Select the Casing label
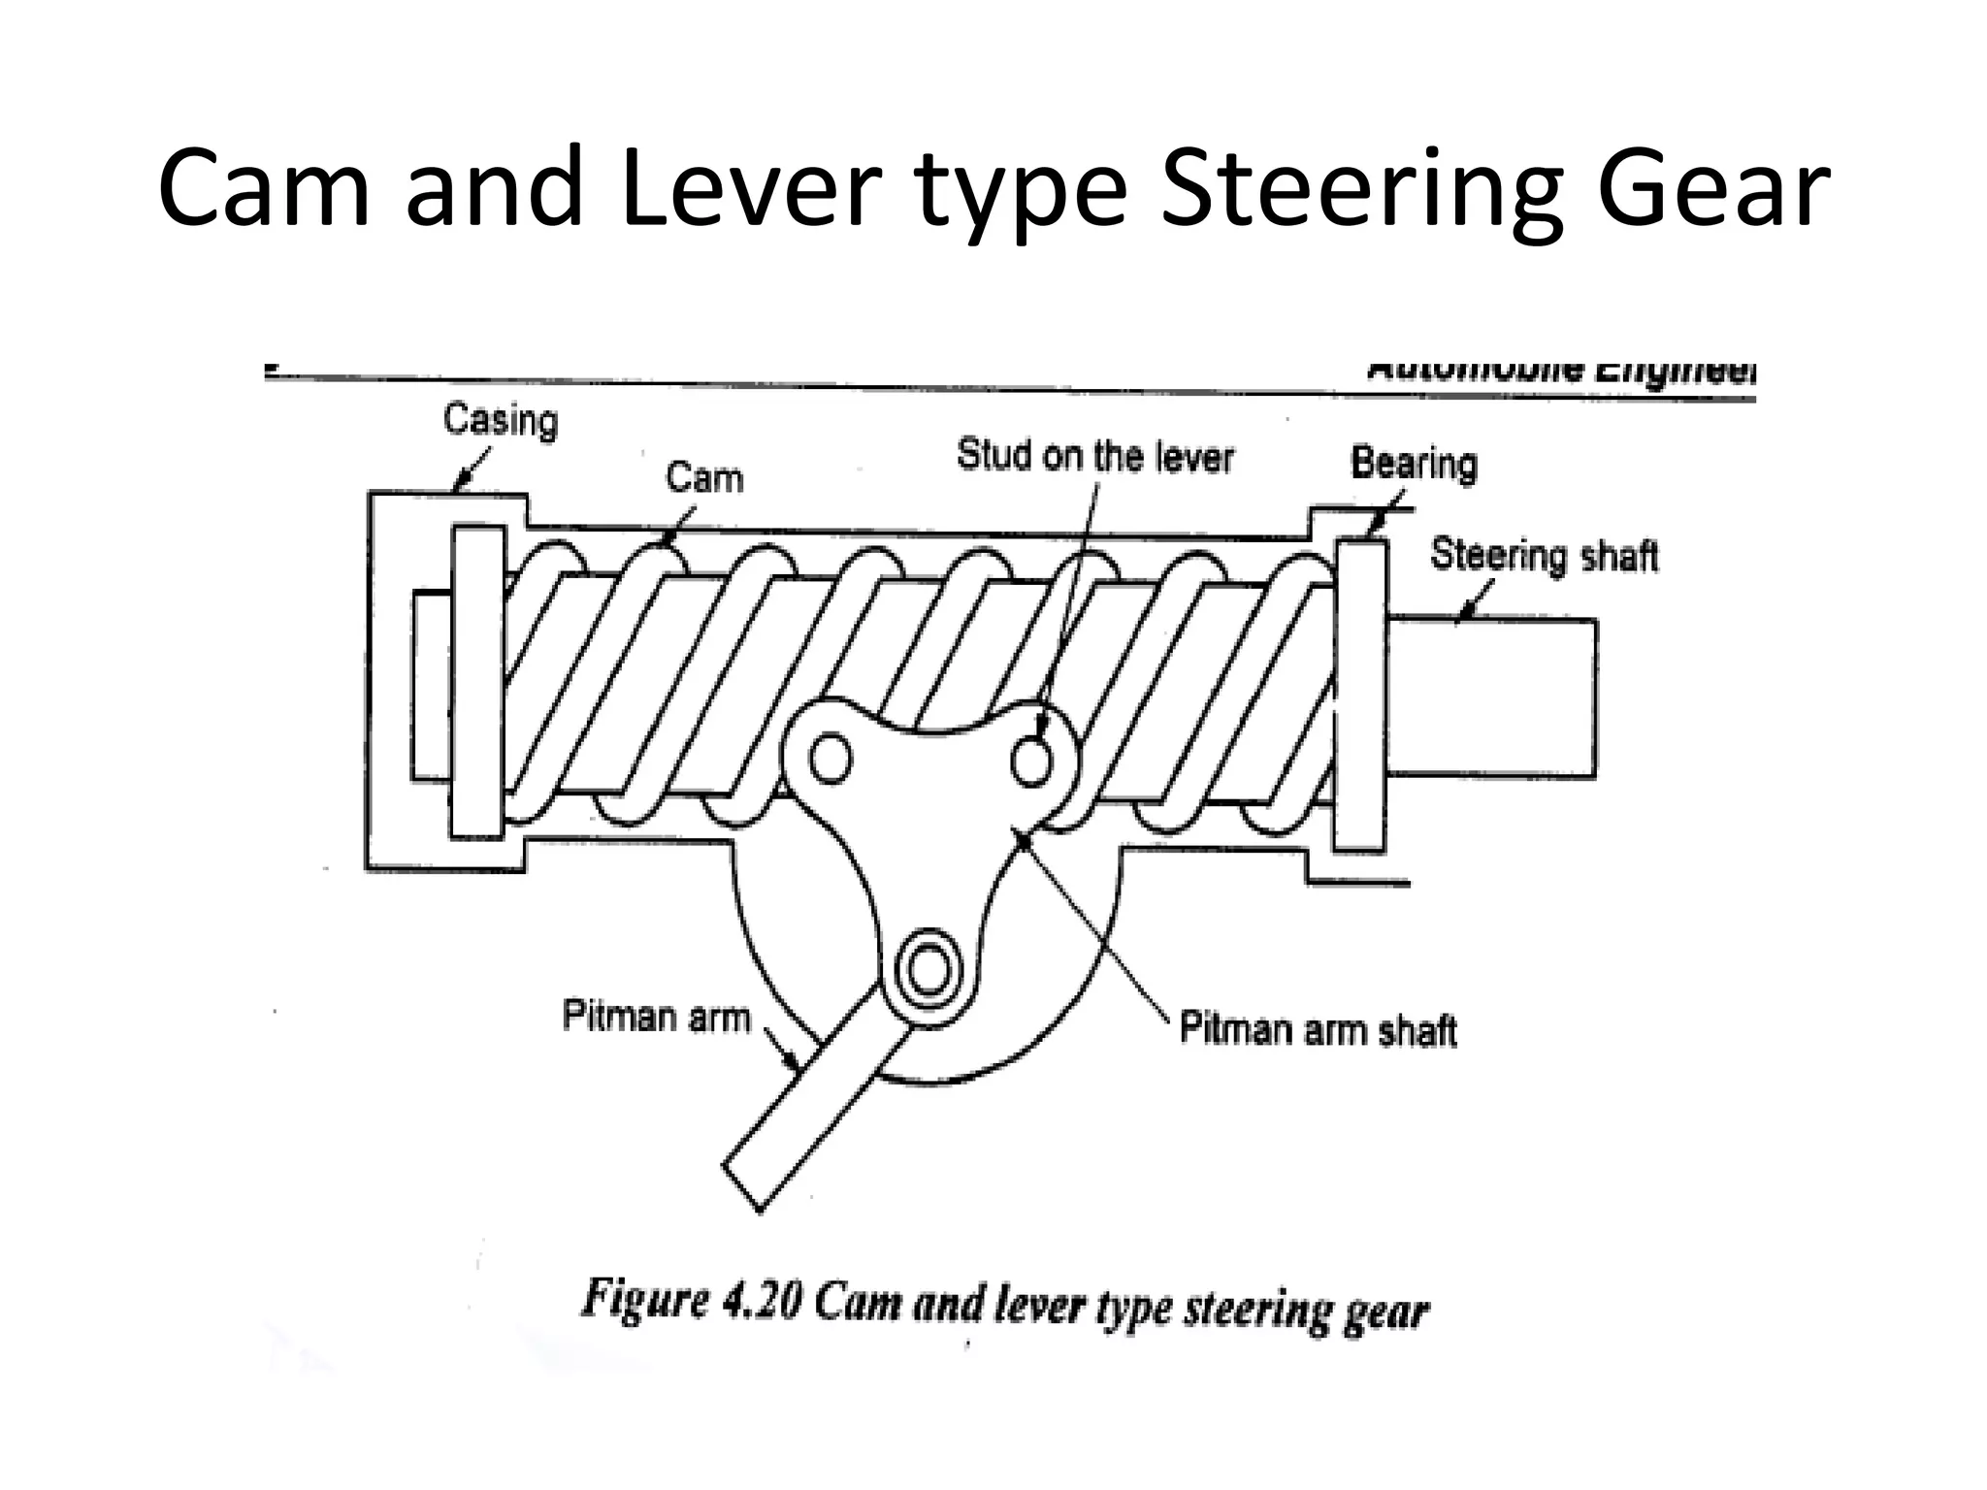pyautogui.click(x=501, y=420)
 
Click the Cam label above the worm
pyautogui.click(x=703, y=478)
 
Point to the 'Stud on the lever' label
pyautogui.click(x=1094, y=456)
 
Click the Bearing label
pyautogui.click(x=1414, y=464)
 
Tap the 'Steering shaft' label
pyautogui.click(x=1544, y=556)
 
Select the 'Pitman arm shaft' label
pyautogui.click(x=1318, y=1029)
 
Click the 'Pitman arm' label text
pyautogui.click(x=657, y=1017)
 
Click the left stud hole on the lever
pyautogui.click(x=830, y=760)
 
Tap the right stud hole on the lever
pyautogui.click(x=1030, y=761)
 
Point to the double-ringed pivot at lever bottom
pyautogui.click(x=928, y=970)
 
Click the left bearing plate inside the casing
pyautogui.click(x=477, y=681)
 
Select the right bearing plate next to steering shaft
pyautogui.click(x=1359, y=696)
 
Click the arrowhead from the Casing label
pyautogui.click(x=462, y=482)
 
